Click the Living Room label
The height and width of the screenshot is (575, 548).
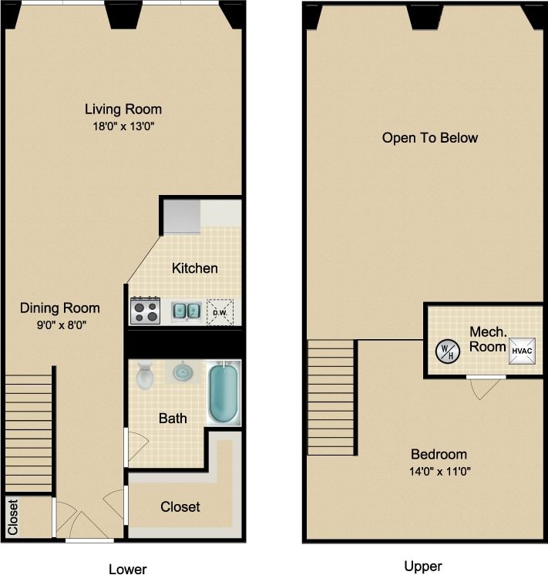pos(123,109)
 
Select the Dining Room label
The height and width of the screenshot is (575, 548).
pos(59,308)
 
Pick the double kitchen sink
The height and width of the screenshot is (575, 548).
pos(187,311)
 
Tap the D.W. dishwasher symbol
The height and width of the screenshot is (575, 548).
pos(220,311)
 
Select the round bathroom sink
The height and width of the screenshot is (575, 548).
pos(183,372)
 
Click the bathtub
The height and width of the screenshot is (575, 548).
pos(224,392)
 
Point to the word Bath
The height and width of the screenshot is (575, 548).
pos(173,419)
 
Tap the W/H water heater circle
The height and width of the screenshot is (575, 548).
pos(446,352)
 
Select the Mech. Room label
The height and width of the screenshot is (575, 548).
pos(488,339)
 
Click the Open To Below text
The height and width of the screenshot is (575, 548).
pos(429,138)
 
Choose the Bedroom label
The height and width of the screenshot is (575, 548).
pos(438,454)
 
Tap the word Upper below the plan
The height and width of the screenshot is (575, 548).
pos(423,567)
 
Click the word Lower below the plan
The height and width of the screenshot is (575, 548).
pos(127,569)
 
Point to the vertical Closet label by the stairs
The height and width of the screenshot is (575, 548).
pos(13,517)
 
